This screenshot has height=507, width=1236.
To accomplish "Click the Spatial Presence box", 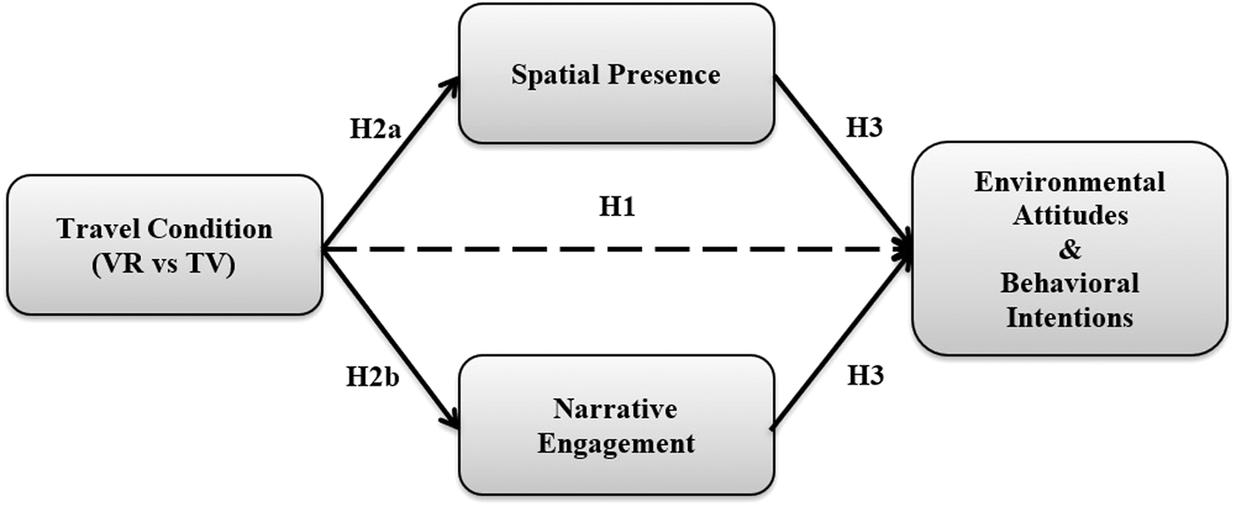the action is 616,73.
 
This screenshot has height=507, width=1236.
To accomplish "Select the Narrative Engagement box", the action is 616,425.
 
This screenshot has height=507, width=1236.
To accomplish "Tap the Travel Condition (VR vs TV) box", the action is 165,245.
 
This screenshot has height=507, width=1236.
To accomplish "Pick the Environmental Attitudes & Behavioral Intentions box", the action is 1070,248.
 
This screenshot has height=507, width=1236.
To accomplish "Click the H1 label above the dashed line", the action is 617,207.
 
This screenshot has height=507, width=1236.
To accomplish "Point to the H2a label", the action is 375,129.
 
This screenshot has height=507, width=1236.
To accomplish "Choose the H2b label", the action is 372,378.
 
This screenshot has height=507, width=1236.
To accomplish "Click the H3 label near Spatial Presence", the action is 864,128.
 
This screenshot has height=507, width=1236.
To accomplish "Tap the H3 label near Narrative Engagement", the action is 865,376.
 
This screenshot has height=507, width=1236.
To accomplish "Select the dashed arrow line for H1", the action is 617,250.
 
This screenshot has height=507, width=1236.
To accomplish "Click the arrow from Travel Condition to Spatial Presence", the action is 391,163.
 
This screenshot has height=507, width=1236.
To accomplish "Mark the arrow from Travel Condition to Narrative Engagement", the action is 391,339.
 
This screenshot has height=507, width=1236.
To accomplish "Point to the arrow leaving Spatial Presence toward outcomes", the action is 843,163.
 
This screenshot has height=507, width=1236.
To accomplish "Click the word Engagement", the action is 616,444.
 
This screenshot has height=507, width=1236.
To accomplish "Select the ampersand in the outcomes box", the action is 1070,249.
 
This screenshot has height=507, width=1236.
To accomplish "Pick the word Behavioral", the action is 1070,284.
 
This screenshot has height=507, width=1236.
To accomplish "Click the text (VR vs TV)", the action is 164,265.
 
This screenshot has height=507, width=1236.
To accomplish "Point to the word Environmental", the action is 1070,181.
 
